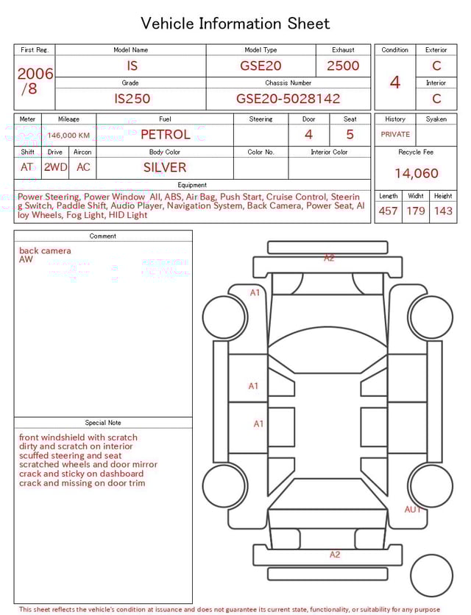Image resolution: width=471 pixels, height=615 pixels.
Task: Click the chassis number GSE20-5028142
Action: (x=288, y=99)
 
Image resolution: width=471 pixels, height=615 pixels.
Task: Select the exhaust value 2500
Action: (x=343, y=66)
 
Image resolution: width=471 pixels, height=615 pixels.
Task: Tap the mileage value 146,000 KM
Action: (x=69, y=136)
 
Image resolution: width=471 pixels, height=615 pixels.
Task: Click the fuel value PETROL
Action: (x=165, y=135)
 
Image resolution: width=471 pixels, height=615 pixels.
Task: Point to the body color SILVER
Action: (x=165, y=167)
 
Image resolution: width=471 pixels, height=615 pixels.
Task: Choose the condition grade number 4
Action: (x=395, y=82)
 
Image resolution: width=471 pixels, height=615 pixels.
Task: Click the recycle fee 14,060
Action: (x=416, y=174)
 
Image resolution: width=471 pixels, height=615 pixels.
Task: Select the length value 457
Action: (x=388, y=211)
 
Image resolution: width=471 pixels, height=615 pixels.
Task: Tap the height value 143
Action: (x=443, y=211)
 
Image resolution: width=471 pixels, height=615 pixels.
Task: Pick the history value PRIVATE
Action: (x=395, y=135)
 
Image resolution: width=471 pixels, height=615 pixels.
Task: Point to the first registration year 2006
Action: (x=35, y=74)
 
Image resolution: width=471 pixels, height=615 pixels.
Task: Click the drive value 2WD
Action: (x=55, y=167)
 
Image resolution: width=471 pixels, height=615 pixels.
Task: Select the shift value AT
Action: (x=27, y=167)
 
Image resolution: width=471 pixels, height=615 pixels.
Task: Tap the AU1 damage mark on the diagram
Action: (x=413, y=510)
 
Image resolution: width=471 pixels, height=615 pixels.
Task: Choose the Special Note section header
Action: (x=103, y=423)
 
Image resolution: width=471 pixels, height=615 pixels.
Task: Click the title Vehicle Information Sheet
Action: (x=235, y=24)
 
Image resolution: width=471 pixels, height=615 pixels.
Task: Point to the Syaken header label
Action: (x=436, y=119)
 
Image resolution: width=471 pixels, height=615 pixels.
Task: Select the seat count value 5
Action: (x=350, y=135)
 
